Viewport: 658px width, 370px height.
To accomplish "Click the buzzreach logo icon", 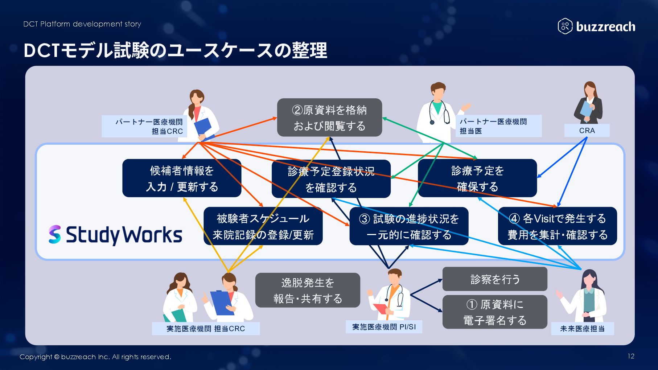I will tap(565, 26).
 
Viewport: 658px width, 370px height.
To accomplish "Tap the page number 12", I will tap(631, 356).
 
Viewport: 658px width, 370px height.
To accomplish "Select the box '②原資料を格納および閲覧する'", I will tap(329, 118).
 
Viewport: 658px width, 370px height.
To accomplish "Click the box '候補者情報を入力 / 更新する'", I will tap(182, 178).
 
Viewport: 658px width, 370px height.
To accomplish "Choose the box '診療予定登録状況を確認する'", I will tap(331, 179).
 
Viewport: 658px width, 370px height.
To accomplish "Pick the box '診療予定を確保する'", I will tap(477, 178).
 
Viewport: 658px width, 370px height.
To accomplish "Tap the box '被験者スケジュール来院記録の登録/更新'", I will tap(263, 226).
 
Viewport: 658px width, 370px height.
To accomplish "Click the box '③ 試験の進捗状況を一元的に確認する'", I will tap(409, 226).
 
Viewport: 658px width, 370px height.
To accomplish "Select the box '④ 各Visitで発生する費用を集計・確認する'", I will tap(557, 226).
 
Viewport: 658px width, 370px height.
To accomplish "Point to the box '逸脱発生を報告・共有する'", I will tap(308, 290).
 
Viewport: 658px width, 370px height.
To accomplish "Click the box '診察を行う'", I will tap(495, 279).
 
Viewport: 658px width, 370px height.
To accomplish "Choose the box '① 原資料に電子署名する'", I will tap(495, 312).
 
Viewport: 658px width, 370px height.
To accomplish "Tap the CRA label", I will tap(587, 131).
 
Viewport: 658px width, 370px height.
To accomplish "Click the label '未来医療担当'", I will tap(582, 329).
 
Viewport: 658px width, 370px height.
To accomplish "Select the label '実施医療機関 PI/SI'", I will tap(384, 327).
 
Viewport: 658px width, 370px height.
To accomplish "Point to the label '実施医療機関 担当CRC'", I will tap(206, 329).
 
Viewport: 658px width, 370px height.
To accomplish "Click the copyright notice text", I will tap(95, 357).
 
